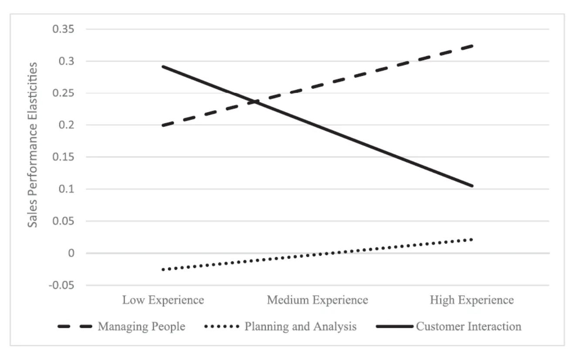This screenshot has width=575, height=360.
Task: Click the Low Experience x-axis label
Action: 163,300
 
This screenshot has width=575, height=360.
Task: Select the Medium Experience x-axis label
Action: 317,300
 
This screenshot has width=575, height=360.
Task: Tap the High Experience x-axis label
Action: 472,300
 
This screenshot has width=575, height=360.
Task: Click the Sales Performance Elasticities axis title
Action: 33,144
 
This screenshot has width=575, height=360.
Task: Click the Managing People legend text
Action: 142,326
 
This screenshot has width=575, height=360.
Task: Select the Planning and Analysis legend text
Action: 300,326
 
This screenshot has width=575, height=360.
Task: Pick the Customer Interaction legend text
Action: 468,326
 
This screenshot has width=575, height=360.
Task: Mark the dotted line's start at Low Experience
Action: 163,270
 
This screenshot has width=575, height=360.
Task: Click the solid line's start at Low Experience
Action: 162,66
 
